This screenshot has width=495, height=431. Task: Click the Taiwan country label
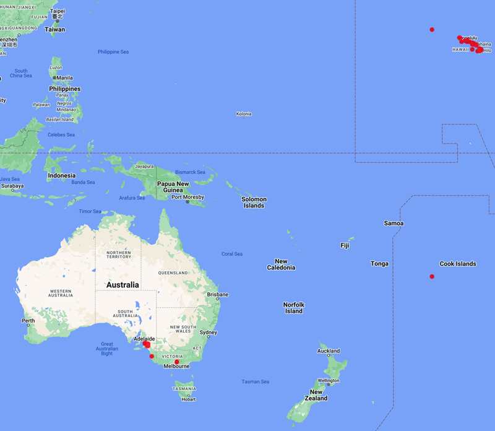tap(54, 29)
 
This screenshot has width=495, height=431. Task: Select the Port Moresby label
tap(187, 197)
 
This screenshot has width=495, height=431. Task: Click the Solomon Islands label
tap(254, 202)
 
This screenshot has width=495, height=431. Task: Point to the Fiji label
tap(345, 245)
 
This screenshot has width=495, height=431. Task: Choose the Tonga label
tap(379, 264)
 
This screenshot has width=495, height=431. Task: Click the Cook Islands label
tap(457, 264)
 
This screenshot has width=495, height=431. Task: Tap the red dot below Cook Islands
tap(432, 276)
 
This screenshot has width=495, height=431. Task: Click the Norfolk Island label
tap(293, 308)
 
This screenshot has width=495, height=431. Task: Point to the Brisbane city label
tap(218, 294)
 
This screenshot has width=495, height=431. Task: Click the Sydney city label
tap(208, 333)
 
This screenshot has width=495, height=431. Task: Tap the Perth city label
tap(28, 321)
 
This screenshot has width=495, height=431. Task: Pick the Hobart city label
tap(188, 399)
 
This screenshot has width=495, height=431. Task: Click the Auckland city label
tap(329, 351)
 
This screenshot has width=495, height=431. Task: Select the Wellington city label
tap(329, 380)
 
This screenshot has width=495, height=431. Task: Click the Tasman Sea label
tap(255, 381)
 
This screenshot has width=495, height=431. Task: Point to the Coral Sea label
tap(232, 254)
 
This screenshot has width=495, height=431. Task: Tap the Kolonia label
tap(243, 114)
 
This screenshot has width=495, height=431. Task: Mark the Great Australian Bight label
tap(107, 349)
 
